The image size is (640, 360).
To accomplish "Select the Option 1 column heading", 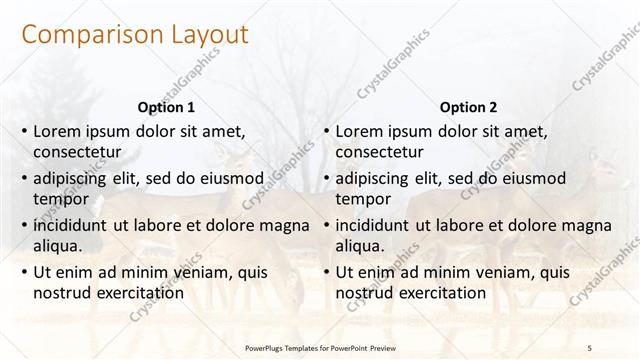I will click(165, 107).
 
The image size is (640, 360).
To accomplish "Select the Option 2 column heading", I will click(467, 107).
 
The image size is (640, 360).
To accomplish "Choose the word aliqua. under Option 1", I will click(58, 247).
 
